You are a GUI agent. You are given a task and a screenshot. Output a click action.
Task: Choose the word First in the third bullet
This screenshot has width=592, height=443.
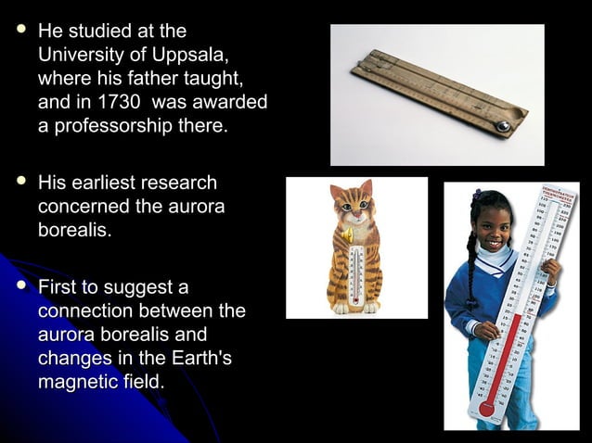pos(58,287)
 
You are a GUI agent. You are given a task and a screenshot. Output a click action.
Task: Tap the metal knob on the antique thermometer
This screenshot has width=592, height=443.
pos(503,126)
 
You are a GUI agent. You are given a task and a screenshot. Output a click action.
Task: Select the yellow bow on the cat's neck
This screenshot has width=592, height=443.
pos(347,235)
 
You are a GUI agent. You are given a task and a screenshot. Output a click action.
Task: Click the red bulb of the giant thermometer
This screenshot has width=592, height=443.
pos(486,408)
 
